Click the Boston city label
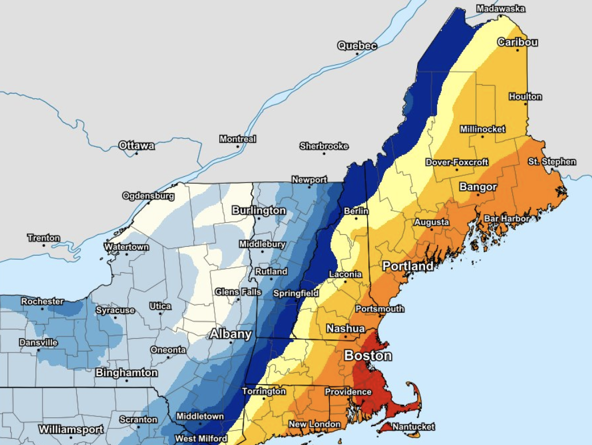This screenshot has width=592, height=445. coord(368,356)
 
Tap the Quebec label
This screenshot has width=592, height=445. coord(357,46)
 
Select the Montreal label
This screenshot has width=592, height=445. coord(237,140)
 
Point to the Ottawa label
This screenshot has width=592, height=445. coord(137,146)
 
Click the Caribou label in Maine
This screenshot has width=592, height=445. coord(517,42)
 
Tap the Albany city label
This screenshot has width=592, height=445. coord(230,334)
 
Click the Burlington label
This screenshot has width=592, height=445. coord(259,211)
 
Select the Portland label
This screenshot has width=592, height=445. coord(408,266)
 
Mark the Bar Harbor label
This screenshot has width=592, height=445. coord(507,219)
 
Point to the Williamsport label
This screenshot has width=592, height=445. coord(71,429)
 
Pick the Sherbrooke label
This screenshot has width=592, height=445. coord(324,146)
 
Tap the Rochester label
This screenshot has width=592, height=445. coord(42,301)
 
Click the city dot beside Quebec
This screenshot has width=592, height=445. coord(357,54)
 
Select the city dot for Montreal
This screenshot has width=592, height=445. coord(237,147)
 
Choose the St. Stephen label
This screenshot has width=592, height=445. coord(552,162)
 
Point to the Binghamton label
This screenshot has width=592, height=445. coord(126,373)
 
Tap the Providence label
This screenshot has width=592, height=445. coord(348,392)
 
